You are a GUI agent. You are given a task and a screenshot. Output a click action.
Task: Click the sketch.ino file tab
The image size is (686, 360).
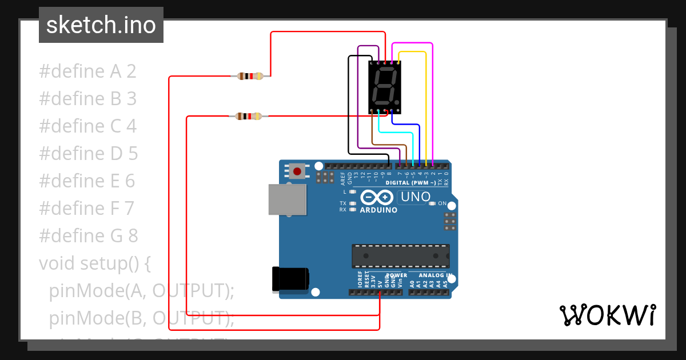(x=101, y=25)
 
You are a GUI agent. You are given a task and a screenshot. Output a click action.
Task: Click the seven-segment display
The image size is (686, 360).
(x=384, y=86)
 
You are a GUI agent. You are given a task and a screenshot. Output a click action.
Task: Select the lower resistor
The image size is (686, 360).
(x=249, y=117)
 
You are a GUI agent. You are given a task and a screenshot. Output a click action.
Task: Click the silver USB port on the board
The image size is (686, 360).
(x=287, y=199)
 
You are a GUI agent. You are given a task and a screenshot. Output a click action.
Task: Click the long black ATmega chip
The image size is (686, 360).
(x=400, y=256)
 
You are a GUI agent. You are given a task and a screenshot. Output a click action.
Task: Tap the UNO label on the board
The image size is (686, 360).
(x=416, y=197)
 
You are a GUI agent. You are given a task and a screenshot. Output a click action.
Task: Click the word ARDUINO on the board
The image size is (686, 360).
(x=378, y=210)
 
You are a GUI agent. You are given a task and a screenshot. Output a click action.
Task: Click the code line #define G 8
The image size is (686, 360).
(x=88, y=235)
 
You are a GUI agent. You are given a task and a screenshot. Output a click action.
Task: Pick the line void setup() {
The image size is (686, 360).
(x=95, y=263)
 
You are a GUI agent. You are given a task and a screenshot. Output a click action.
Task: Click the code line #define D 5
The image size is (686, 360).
(x=88, y=153)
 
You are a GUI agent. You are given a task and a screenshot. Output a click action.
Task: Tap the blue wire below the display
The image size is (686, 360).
(x=406, y=123)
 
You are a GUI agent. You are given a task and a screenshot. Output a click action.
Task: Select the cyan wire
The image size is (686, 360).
(x=394, y=133)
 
